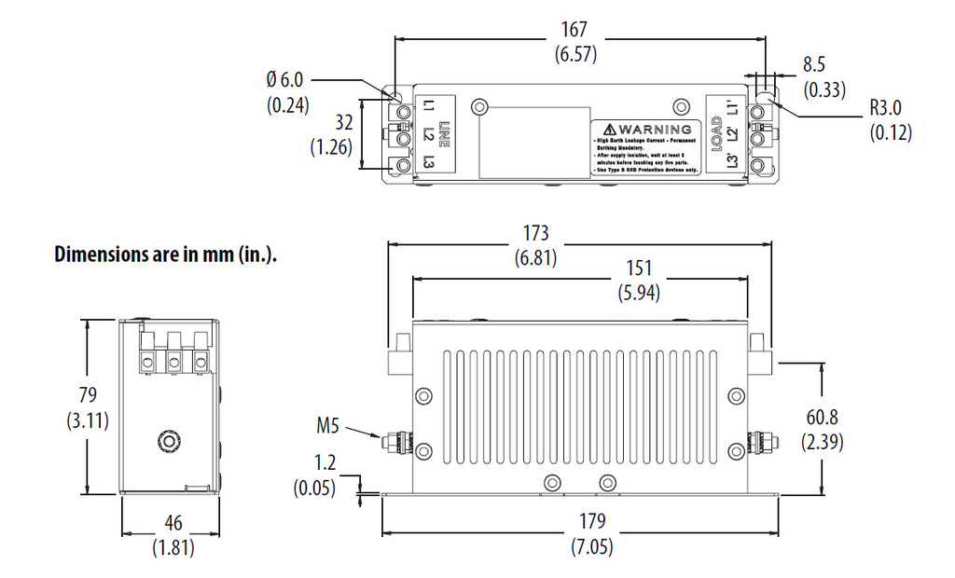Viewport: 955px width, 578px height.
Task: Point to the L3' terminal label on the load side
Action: click(x=734, y=162)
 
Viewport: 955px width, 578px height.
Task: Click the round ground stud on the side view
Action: click(x=170, y=439)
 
